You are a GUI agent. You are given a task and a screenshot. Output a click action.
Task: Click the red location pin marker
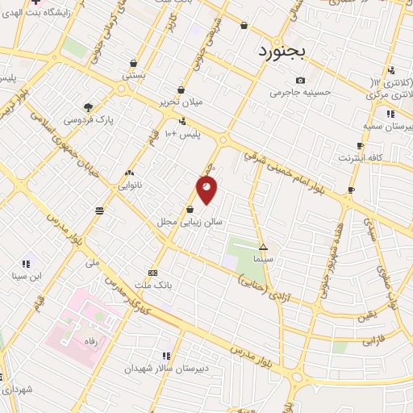click(x=206, y=190)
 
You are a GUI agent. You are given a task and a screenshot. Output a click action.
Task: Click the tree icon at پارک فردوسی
click(x=88, y=107)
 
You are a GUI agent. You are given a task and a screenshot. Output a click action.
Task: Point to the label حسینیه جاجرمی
click(x=301, y=93)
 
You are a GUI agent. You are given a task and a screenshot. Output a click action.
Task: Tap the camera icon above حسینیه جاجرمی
click(x=301, y=80)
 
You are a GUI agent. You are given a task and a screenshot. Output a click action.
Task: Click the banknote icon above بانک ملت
click(x=153, y=273)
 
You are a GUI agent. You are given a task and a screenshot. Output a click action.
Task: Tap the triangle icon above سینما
click(x=263, y=247)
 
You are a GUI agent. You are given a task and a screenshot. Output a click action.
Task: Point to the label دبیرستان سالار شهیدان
click(x=166, y=369)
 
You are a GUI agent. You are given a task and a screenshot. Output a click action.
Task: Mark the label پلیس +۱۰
click(x=181, y=133)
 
